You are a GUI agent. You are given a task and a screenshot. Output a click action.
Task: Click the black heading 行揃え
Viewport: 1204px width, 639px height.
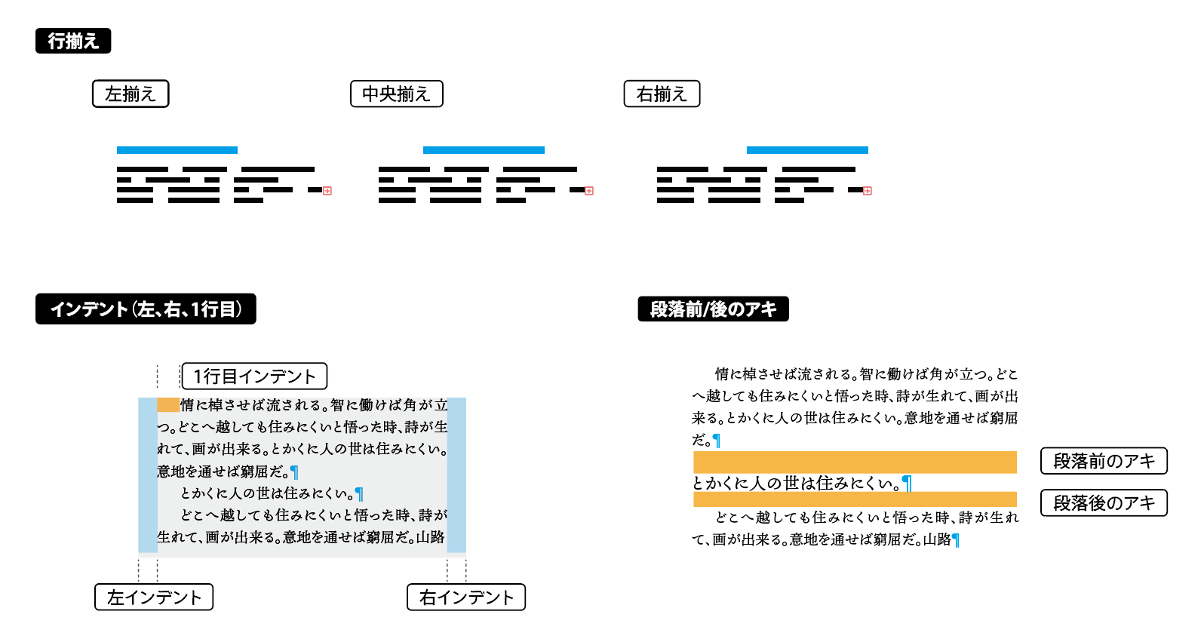click(x=73, y=41)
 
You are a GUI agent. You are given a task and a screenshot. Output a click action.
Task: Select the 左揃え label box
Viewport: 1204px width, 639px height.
click(x=131, y=94)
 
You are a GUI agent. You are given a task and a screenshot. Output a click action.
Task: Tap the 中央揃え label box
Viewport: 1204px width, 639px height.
click(x=397, y=94)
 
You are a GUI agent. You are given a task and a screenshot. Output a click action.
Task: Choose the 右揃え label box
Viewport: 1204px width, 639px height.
click(x=662, y=94)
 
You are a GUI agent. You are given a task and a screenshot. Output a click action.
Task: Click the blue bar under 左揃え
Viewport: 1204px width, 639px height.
click(x=177, y=150)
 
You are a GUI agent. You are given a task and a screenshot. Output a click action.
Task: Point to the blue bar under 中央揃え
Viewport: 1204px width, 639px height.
click(x=484, y=150)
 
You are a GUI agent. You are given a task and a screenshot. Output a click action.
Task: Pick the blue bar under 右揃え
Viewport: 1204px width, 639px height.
click(x=807, y=150)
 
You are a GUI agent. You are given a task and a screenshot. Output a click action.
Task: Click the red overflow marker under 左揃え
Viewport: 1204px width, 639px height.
click(x=327, y=191)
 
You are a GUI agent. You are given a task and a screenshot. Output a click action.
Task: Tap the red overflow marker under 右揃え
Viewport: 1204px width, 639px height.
click(x=867, y=191)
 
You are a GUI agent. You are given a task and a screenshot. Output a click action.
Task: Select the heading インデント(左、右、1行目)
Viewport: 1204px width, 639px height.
click(x=146, y=309)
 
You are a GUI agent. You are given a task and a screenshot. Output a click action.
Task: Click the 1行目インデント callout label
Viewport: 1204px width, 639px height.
click(x=254, y=376)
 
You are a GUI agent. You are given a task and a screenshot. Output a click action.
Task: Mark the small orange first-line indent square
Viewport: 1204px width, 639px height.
click(x=168, y=404)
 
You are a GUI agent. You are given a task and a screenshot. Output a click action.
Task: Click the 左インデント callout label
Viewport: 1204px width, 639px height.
click(x=154, y=597)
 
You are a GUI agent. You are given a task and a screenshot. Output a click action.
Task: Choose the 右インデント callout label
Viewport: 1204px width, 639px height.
click(x=466, y=597)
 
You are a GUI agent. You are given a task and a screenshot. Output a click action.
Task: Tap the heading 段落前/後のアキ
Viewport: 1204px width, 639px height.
click(x=713, y=309)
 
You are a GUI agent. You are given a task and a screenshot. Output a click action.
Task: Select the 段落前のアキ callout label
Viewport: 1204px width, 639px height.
click(x=1104, y=461)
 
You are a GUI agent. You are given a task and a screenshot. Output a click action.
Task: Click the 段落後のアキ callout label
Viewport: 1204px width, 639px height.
click(x=1104, y=503)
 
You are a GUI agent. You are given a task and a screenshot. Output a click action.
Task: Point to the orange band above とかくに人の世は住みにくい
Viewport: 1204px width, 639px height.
click(x=855, y=462)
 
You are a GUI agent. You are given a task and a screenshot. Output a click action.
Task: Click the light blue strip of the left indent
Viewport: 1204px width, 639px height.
click(x=148, y=475)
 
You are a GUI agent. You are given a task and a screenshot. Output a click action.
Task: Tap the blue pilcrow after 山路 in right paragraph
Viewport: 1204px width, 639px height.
click(x=956, y=540)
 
